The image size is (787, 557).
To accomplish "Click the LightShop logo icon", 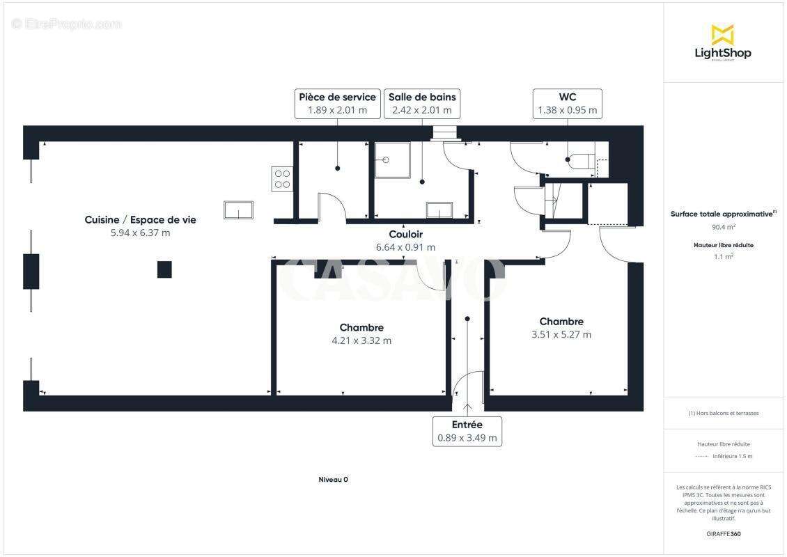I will (722, 34).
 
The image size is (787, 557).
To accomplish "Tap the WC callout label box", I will (567, 103).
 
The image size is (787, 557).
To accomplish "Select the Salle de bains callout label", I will (422, 103).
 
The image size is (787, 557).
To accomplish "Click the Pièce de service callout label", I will (337, 103).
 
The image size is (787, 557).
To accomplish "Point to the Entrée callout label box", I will (467, 431).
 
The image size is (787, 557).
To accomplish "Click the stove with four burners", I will (282, 179).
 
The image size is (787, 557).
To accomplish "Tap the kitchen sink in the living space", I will (238, 210).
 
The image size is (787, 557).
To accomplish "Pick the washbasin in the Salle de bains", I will (439, 211).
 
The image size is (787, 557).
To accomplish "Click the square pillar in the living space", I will (164, 269).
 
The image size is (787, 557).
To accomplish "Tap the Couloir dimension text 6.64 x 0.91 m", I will (405, 247).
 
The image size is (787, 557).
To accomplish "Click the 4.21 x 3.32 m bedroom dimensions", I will (361, 340).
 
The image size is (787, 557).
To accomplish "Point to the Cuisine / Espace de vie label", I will (140, 219).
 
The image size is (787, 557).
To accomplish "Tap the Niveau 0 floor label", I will (333, 479).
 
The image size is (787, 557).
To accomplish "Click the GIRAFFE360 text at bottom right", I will (724, 534).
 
